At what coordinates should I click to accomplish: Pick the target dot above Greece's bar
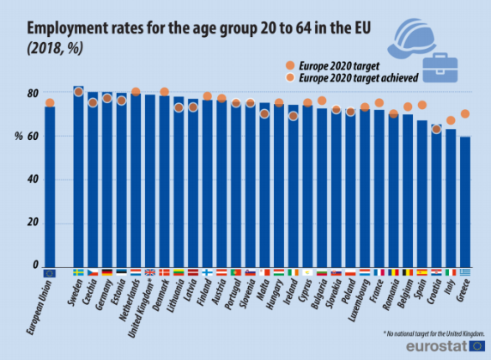(x=465, y=114)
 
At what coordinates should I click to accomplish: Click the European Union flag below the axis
(x=50, y=273)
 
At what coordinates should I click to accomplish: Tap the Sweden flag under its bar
(x=78, y=273)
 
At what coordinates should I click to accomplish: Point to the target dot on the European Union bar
(x=50, y=103)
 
